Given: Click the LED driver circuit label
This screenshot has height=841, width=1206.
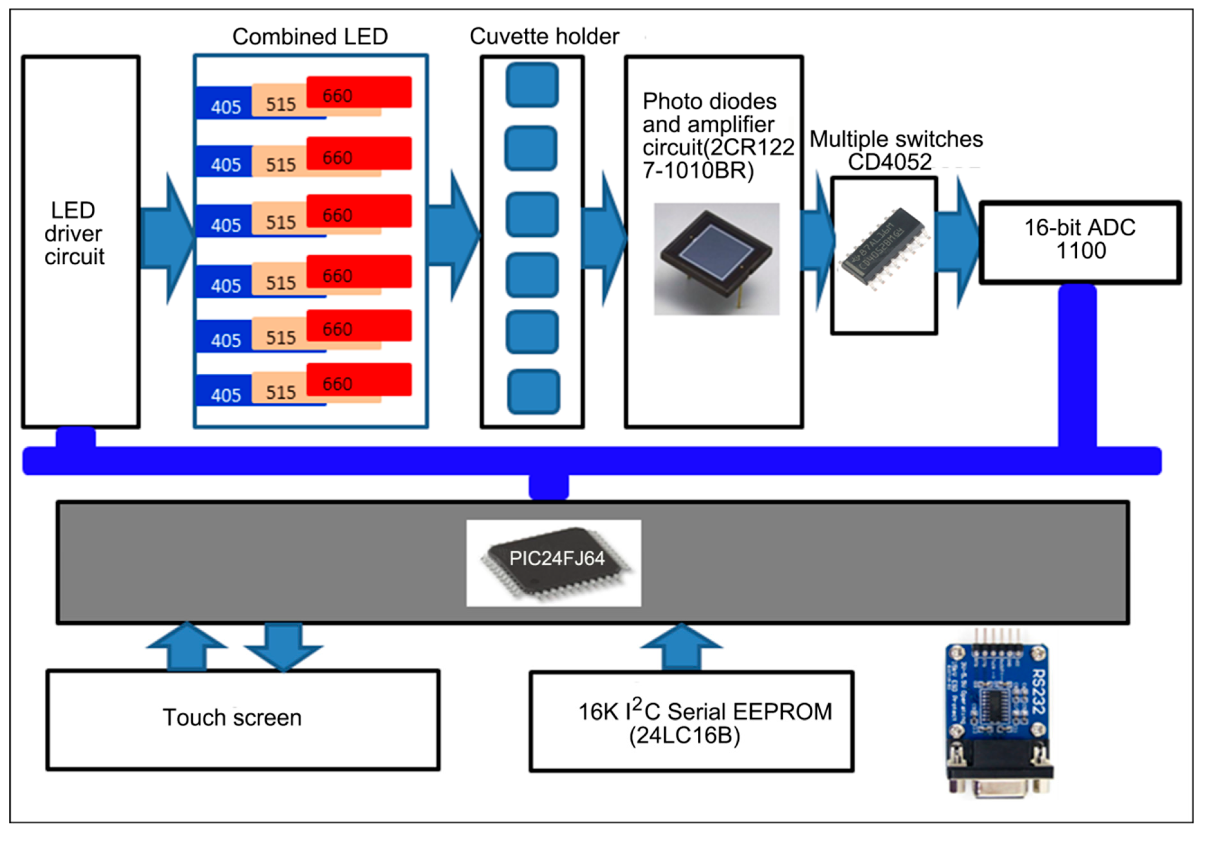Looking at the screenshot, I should [74, 233].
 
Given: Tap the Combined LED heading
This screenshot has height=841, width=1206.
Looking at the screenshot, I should [310, 37].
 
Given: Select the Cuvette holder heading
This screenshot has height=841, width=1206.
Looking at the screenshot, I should [544, 37].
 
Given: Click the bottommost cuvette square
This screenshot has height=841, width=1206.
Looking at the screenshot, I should [533, 392].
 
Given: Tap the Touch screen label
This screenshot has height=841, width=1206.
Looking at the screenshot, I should [232, 717].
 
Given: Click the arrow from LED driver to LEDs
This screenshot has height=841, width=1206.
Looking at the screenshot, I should [167, 238].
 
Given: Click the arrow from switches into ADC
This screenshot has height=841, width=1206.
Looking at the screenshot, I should [958, 242].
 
